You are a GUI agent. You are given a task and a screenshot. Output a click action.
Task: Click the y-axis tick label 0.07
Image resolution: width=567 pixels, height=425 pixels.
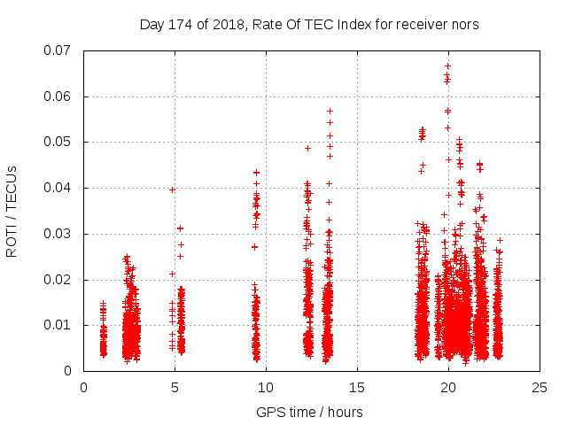coord(60,50)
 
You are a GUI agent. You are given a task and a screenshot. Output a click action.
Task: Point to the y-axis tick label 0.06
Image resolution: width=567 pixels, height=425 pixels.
coord(60,97)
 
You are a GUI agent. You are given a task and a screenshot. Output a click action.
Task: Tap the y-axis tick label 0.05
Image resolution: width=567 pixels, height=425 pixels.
coord(60,142)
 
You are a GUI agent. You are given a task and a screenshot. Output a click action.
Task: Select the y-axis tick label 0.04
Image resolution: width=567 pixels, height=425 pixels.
coord(60,188)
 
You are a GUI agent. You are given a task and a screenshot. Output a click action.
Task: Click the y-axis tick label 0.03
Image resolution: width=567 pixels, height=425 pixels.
coord(60,234)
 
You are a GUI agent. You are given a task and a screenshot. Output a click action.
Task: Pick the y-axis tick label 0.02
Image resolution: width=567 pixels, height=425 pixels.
coord(60,280)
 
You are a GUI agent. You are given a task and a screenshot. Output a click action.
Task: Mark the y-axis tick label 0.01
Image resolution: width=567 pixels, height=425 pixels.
coord(60,325)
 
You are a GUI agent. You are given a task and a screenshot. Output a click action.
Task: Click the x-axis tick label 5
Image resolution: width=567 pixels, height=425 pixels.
coord(175,388)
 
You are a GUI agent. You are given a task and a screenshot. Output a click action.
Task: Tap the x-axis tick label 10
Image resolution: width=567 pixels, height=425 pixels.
coord(266,388)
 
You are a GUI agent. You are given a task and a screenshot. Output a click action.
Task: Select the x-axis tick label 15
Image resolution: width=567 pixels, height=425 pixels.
coord(357,388)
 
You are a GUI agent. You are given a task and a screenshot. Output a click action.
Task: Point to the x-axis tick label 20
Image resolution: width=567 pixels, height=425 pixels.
coord(448,388)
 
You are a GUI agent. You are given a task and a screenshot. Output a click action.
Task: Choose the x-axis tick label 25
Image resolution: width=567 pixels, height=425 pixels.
coord(540,388)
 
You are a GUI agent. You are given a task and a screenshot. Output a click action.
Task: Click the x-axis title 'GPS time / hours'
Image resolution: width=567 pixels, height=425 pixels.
coord(309,412)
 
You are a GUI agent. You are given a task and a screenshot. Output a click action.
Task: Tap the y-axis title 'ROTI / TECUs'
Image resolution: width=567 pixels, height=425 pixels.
coord(12,211)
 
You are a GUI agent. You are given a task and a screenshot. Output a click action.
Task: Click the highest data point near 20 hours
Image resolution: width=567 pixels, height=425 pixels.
coord(447,66)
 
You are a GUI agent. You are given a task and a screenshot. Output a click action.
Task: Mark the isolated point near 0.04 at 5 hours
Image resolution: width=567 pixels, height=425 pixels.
coord(172,189)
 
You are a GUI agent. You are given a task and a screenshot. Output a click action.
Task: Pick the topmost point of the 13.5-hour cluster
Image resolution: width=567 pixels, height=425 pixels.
coord(330,112)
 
